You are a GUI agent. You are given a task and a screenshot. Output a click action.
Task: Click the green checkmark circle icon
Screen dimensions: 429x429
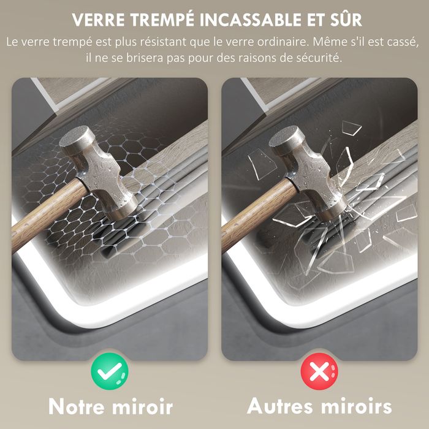110,371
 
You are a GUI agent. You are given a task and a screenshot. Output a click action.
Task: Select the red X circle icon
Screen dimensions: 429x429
319,371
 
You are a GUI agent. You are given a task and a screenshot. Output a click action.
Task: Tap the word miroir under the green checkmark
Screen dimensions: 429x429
143,406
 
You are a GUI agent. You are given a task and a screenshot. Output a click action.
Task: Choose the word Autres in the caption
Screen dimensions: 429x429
279,406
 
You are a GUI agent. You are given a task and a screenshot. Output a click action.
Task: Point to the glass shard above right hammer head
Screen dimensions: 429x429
351,127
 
